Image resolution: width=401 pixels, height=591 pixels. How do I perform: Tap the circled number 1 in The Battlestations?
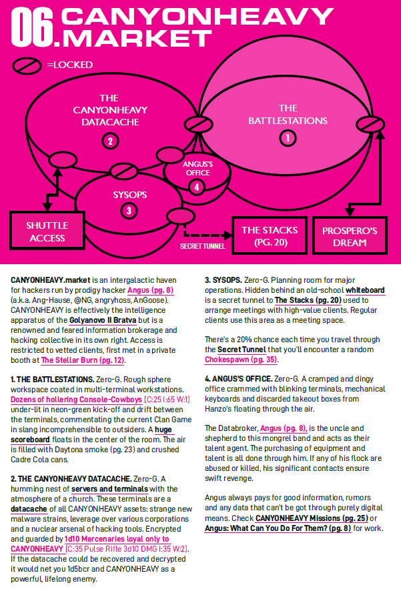tap(288, 138)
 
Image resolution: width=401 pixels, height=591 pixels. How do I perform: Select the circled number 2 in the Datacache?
tap(110, 140)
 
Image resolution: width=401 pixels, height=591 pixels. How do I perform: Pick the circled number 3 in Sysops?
tap(129, 211)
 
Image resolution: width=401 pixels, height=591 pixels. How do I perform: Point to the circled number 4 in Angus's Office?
tap(196, 187)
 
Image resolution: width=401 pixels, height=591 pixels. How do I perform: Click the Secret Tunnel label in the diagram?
tap(202, 246)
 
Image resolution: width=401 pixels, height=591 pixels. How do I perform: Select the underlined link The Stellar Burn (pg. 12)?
tap(83, 360)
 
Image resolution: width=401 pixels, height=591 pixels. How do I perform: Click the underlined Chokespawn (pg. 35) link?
tap(241, 360)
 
